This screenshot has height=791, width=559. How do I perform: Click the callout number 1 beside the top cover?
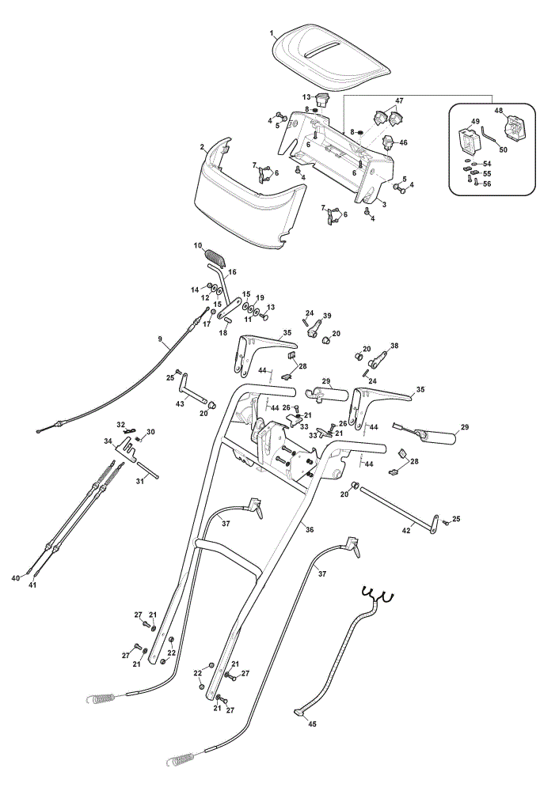pyautogui.click(x=272, y=34)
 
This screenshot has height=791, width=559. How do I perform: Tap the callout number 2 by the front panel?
pyautogui.click(x=202, y=147)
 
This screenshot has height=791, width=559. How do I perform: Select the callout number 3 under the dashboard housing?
pyautogui.click(x=384, y=204)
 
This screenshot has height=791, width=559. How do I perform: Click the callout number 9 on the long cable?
pyautogui.click(x=160, y=339)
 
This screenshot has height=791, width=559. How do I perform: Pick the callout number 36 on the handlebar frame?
pyautogui.click(x=310, y=530)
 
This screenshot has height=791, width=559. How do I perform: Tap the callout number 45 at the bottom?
pyautogui.click(x=312, y=724)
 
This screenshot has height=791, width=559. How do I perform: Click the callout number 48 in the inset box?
pyautogui.click(x=498, y=111)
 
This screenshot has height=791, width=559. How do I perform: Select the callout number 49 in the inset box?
pyautogui.click(x=474, y=122)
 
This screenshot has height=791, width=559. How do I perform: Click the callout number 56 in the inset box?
pyautogui.click(x=487, y=184)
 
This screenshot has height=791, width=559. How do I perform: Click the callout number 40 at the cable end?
pyautogui.click(x=16, y=577)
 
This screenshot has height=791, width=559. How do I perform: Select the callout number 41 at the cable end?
pyautogui.click(x=32, y=585)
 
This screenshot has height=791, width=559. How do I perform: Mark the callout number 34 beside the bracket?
pyautogui.click(x=108, y=441)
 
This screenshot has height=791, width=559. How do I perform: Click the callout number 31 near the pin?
pyautogui.click(x=140, y=481)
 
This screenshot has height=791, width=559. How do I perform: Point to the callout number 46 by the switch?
pyautogui.click(x=403, y=142)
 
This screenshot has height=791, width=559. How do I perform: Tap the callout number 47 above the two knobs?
pyautogui.click(x=399, y=101)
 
